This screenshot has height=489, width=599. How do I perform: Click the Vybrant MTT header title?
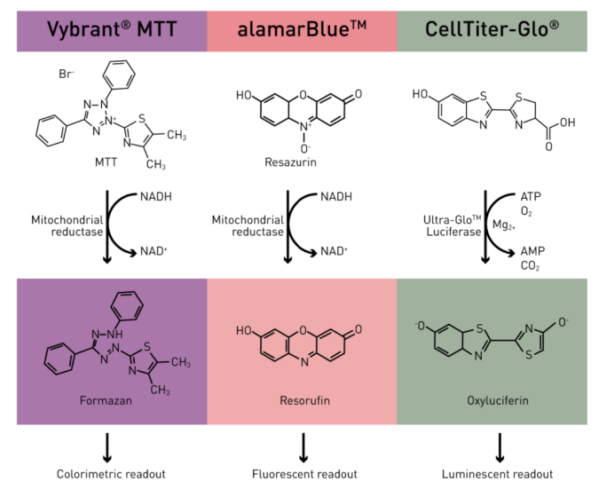click(x=112, y=29)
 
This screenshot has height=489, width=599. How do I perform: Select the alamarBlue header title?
click(x=302, y=29)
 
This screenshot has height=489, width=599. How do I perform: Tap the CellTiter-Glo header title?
click(x=492, y=29)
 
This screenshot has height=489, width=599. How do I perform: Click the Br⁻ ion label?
click(x=66, y=74)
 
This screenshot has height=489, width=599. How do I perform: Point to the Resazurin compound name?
click(x=290, y=162)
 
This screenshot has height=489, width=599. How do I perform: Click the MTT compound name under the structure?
click(x=106, y=162)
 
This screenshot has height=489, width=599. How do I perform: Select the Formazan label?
click(x=106, y=400)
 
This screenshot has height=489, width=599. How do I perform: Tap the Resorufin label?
click(x=304, y=400)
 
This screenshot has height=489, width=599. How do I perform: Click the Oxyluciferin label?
click(x=497, y=401)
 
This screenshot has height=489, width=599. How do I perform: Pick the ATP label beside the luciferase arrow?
click(x=531, y=196)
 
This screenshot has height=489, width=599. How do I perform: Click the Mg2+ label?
click(x=504, y=225)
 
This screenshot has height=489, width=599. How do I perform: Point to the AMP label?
click(x=532, y=251)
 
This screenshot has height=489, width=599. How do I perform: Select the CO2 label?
click(x=530, y=266)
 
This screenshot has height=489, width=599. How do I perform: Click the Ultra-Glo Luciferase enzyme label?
click(x=453, y=225)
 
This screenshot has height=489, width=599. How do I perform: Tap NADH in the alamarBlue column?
click(x=336, y=197)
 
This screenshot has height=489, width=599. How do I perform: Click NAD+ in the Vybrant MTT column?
click(x=154, y=251)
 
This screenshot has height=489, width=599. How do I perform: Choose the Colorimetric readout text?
click(x=111, y=474)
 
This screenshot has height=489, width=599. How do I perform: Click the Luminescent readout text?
click(x=497, y=474)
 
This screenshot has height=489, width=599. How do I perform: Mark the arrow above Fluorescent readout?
click(x=303, y=447)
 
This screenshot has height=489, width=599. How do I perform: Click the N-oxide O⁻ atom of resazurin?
click(x=305, y=148)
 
